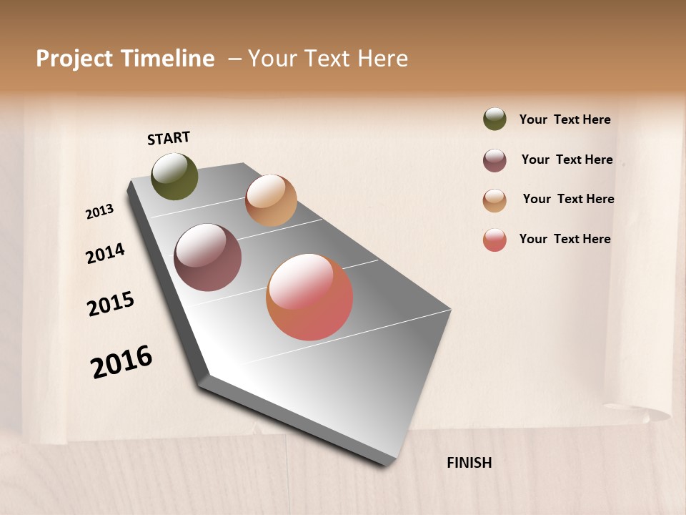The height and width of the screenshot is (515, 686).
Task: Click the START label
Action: (169, 138)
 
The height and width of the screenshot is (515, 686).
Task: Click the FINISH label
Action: (469, 463)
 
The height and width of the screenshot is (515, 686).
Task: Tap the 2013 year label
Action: (100, 212)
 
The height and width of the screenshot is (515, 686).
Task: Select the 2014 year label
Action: (106, 253)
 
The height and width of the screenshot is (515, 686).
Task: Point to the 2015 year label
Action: (111, 304)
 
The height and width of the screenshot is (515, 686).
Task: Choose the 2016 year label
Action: (121, 362)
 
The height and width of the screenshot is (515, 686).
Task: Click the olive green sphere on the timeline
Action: (175, 177)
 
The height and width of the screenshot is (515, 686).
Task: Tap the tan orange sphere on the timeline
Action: (271, 200)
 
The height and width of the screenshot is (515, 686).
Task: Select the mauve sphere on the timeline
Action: (208, 257)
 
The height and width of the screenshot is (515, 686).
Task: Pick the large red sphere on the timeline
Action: (309, 297)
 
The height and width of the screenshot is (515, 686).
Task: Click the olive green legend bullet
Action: (494, 119)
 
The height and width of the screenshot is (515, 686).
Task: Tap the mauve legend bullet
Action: (494, 160)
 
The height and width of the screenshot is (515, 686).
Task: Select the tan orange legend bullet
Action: (494, 200)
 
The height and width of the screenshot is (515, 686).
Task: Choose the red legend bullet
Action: (494, 240)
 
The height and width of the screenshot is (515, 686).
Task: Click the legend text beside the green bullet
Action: (565, 119)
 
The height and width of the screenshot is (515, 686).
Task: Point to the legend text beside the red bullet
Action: (565, 239)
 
